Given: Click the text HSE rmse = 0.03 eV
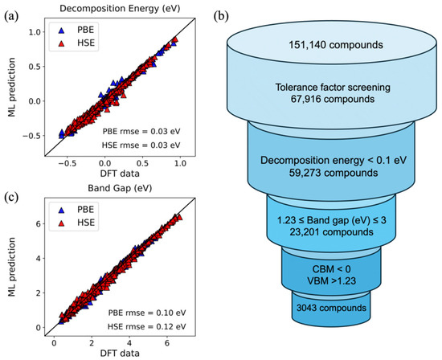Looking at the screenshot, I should (x=145, y=144).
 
